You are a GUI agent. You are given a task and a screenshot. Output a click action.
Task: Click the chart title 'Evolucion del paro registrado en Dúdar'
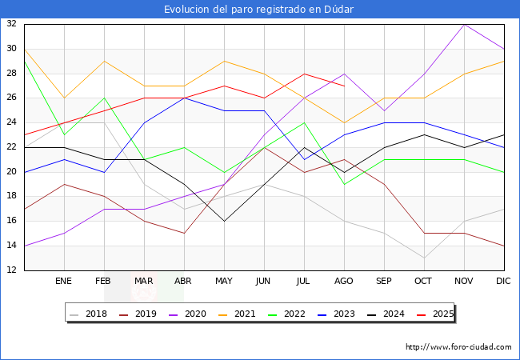[x=258, y=9]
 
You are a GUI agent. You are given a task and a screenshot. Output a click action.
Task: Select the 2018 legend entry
[x=88, y=314]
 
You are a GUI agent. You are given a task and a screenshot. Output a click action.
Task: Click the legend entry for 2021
[x=237, y=314]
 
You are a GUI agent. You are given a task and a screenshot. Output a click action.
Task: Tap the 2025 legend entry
[x=435, y=314]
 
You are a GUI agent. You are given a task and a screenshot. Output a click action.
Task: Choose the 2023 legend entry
[x=336, y=314]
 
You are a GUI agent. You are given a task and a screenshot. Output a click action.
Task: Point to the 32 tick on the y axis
[x=12, y=23]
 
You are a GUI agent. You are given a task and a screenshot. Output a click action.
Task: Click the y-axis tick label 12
[x=12, y=270]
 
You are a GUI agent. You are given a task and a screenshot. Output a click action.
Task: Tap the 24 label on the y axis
[x=12, y=122]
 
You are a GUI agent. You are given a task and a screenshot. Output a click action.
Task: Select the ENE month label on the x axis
[x=63, y=281]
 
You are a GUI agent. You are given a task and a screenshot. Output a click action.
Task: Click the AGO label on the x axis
[x=344, y=281]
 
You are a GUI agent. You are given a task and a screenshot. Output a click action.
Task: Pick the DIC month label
[x=503, y=281]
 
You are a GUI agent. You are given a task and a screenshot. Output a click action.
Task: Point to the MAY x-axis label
[x=224, y=281]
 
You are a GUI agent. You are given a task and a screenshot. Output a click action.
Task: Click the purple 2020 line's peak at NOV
[x=464, y=25]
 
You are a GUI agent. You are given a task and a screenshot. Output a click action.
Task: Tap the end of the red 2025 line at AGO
[x=345, y=86]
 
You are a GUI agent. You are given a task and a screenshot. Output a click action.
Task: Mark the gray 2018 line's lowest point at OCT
[x=424, y=258]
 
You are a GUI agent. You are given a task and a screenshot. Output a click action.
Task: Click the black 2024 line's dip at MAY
[x=225, y=221]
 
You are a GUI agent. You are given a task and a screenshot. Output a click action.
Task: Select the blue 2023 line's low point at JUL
[x=305, y=159]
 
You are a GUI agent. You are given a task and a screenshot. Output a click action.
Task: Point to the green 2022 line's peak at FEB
[x=105, y=98]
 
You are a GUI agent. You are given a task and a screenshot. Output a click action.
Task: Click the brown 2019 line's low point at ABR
[x=184, y=234]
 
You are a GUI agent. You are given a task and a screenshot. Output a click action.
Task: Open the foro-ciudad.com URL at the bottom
[x=458, y=347]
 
